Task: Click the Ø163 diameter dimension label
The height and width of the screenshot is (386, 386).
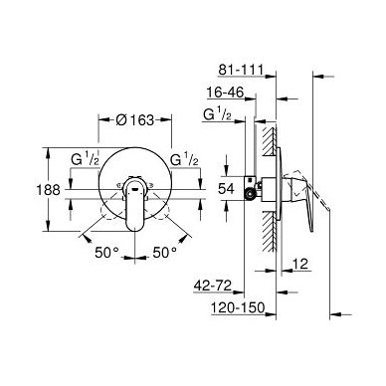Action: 135,120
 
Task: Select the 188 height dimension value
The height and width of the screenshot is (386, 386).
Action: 48,190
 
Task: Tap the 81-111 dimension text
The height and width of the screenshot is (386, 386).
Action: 241,70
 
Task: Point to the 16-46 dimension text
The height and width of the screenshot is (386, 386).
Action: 225,92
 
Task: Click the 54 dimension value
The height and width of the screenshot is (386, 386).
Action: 226,189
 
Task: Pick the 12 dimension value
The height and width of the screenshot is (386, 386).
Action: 300,264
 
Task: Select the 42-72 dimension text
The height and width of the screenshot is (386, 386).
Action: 213,286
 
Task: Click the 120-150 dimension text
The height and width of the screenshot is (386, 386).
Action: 238,307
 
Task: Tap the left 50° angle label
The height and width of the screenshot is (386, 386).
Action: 106,253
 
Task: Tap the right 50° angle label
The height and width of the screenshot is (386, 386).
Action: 165,253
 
